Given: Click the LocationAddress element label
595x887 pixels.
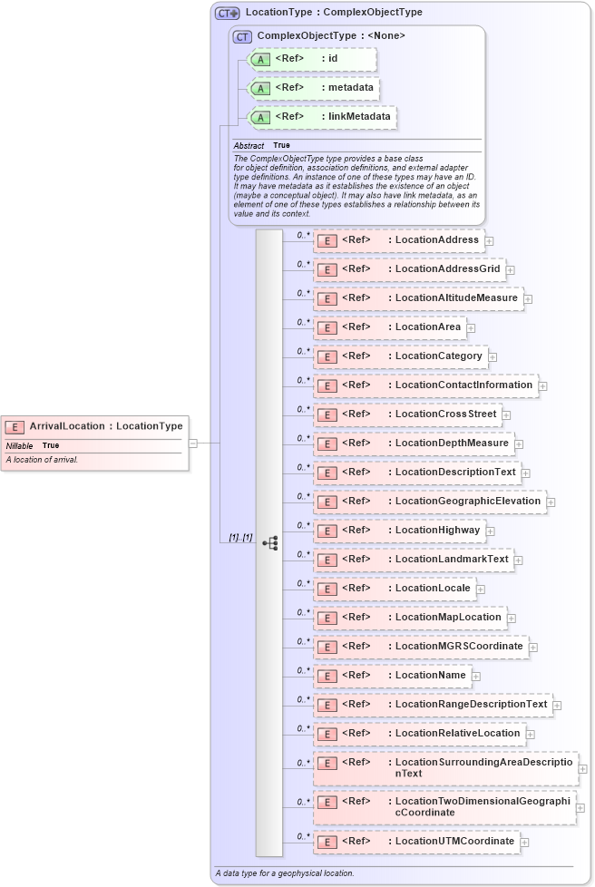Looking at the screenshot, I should [436, 240].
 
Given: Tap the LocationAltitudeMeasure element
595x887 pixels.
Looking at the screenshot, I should [418, 298].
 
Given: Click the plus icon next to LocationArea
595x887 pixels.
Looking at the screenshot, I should [471, 328].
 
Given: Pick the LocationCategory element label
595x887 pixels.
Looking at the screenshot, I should [438, 356].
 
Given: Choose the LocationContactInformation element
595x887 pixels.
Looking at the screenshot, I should [425, 385].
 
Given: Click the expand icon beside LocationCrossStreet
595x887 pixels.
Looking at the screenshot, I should [507, 415].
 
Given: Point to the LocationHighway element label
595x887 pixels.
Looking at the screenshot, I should [437, 531].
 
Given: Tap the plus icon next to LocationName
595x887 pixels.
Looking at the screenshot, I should [476, 677].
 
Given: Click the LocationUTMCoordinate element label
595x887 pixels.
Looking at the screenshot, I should [454, 842].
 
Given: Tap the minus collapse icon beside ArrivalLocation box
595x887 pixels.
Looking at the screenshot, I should [193, 443].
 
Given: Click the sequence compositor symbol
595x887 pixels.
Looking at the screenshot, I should [269, 542].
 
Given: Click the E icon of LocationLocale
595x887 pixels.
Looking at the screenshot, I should [327, 589].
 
